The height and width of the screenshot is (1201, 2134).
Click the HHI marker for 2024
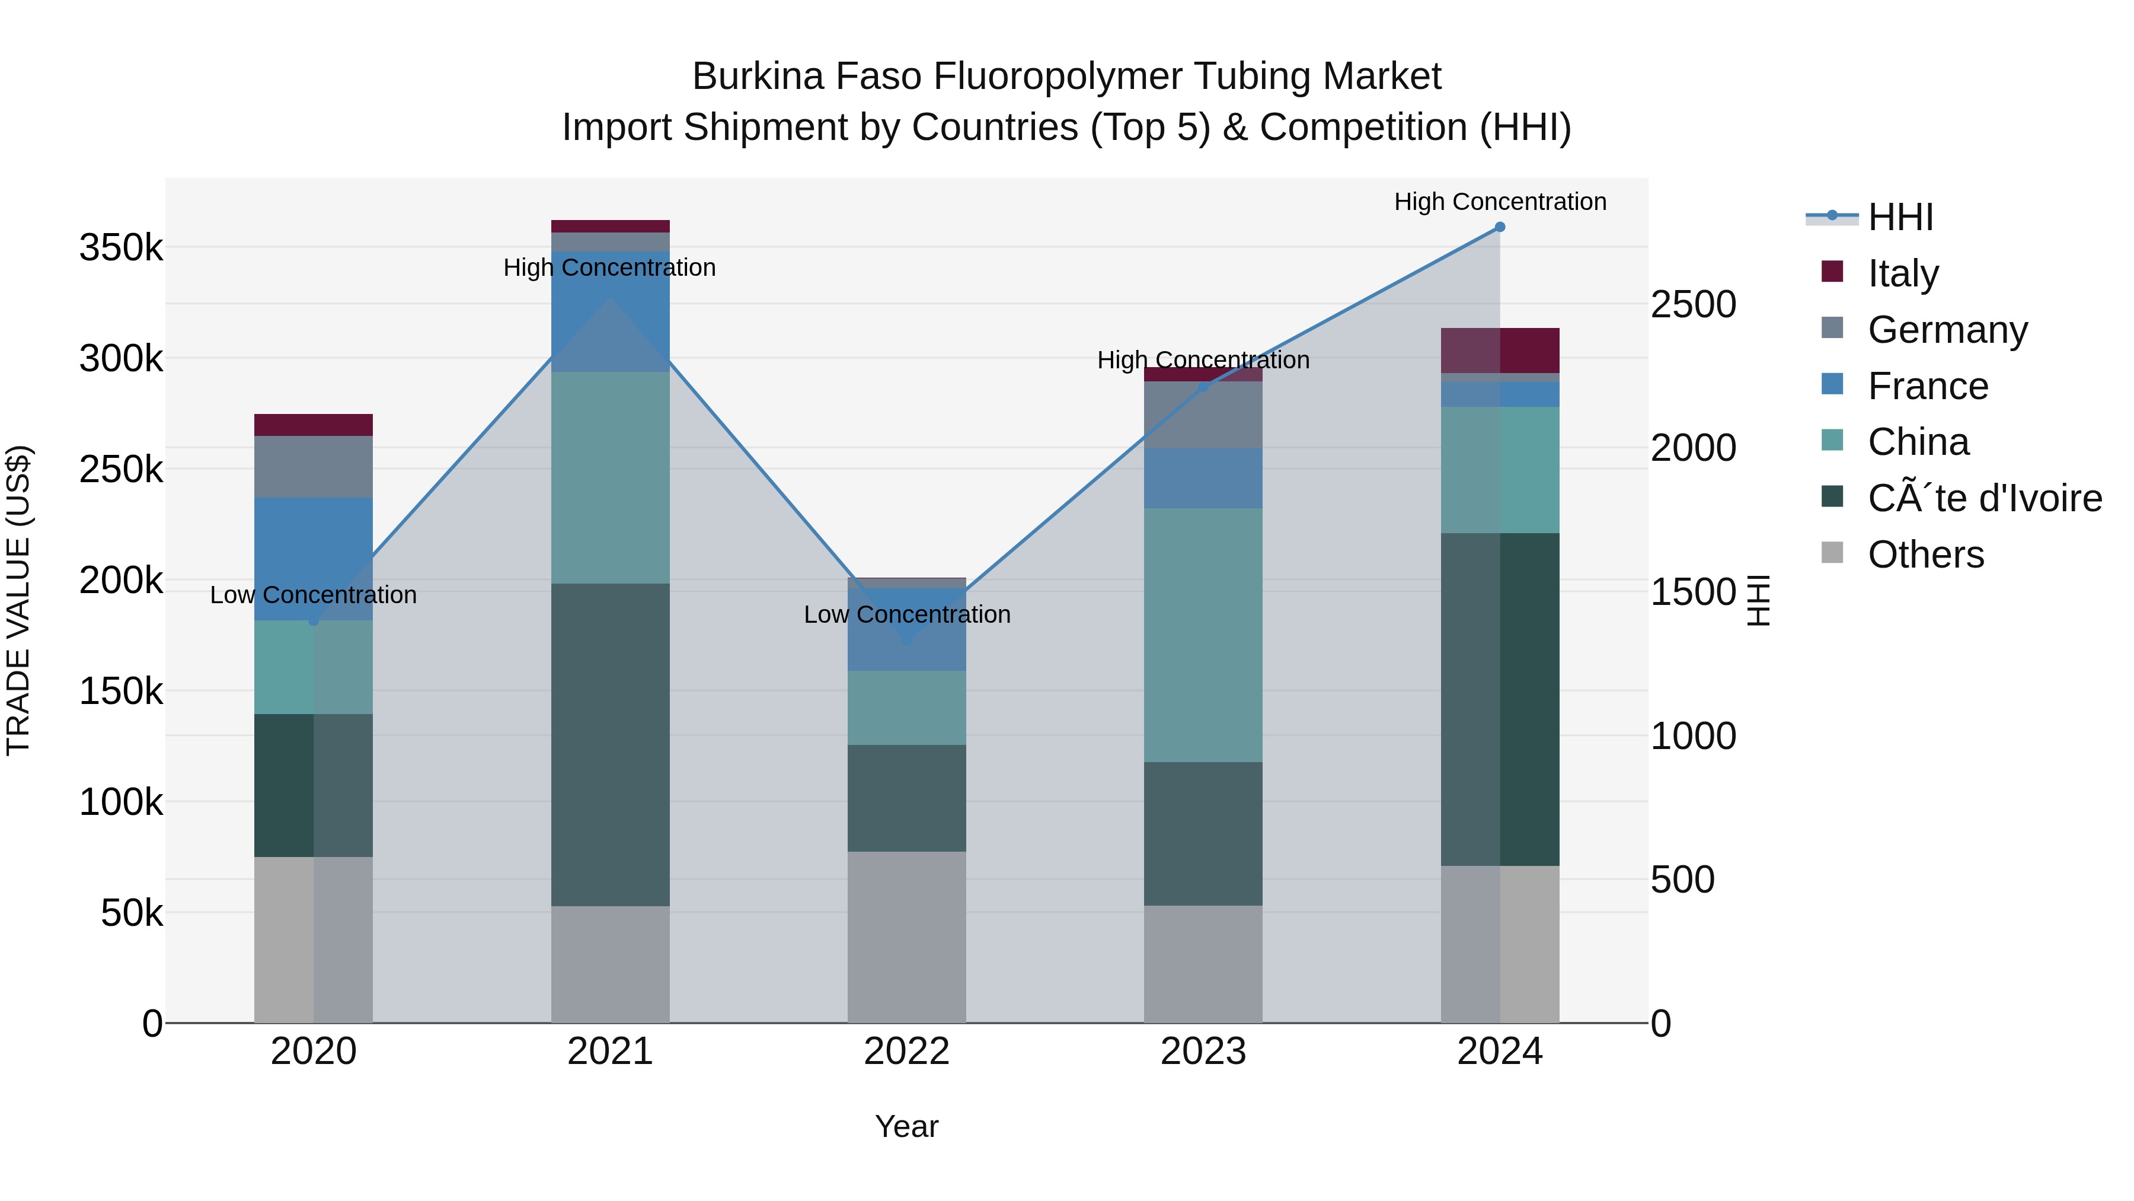(x=1500, y=227)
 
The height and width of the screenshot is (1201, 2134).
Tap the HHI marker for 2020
(x=313, y=620)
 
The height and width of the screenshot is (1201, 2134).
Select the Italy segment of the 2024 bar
(x=1500, y=351)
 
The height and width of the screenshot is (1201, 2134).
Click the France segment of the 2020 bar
(x=313, y=559)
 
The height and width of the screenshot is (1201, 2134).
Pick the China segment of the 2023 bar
(x=1203, y=635)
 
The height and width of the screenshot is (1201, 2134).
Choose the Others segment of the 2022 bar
(x=906, y=936)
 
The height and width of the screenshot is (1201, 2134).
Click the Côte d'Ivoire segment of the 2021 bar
(x=610, y=744)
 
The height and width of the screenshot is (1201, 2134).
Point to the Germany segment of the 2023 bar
(x=1203, y=415)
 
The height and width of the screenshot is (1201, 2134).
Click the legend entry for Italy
(x=1903, y=273)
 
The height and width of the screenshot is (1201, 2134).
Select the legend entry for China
(x=1918, y=442)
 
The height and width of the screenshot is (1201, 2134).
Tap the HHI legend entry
(x=1900, y=217)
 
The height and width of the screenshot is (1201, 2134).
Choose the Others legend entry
(x=1925, y=555)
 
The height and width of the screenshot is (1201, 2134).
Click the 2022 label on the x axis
(x=906, y=1052)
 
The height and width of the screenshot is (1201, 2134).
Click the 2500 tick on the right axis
(x=1692, y=304)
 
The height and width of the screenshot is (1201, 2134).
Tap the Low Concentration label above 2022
(x=907, y=614)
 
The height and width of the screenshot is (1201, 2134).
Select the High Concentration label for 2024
(x=1500, y=202)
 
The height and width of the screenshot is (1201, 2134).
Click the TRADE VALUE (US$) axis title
(x=18, y=600)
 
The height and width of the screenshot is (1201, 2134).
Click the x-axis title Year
(x=906, y=1126)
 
